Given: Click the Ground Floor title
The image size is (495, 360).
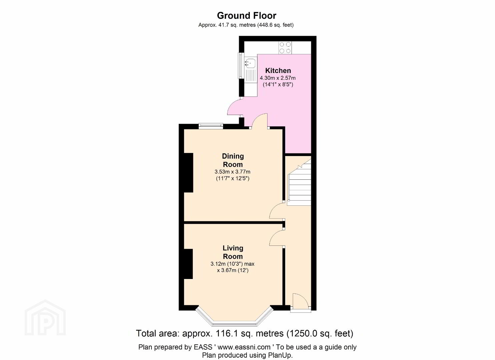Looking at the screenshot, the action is click(x=246, y=16).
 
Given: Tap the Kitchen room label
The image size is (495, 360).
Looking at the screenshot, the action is click(x=278, y=71).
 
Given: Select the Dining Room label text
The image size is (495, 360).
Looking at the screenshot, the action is click(x=233, y=160).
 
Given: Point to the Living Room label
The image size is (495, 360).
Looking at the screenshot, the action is click(x=233, y=252).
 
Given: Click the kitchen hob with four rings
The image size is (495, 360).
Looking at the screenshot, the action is click(x=285, y=48).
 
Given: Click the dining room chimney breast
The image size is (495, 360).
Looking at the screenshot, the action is click(x=188, y=173).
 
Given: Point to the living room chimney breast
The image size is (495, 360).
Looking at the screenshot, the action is click(x=188, y=264).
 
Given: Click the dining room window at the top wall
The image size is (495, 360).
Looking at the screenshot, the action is click(x=210, y=126).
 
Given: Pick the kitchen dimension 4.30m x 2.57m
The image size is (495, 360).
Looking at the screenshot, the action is click(x=278, y=78).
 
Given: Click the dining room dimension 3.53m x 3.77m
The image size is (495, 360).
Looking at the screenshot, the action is click(x=232, y=172).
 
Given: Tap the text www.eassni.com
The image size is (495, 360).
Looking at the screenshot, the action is click(x=244, y=347).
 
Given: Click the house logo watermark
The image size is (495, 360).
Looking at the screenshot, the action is click(x=45, y=318).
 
